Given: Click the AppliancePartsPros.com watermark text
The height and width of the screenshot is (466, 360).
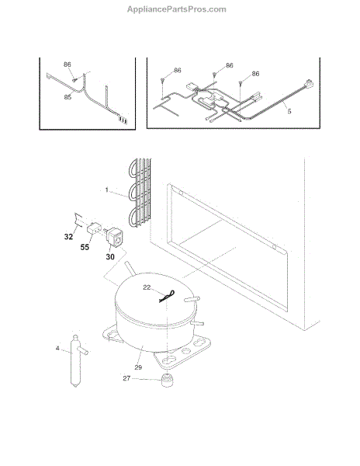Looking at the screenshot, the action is click(x=177, y=9).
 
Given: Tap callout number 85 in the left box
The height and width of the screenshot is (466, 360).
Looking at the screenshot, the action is click(x=67, y=97).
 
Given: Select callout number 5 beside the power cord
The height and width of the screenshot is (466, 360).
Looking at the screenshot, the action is click(x=289, y=111).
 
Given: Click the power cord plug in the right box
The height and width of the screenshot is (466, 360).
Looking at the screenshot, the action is click(x=308, y=83).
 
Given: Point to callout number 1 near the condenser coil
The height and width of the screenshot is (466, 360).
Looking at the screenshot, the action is click(x=107, y=190).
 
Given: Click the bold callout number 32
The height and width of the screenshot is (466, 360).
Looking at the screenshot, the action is click(x=68, y=237).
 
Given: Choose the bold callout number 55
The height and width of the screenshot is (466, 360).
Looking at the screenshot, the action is click(x=85, y=247).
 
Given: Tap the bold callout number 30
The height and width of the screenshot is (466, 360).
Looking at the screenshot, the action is click(x=110, y=256).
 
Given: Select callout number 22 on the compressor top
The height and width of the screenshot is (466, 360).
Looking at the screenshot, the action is click(x=147, y=287).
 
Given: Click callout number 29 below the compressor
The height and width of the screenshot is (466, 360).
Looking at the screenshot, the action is click(x=138, y=367).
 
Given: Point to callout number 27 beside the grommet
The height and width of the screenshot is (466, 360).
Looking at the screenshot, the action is click(x=126, y=378).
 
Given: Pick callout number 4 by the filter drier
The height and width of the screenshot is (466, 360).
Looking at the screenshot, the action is click(x=57, y=348).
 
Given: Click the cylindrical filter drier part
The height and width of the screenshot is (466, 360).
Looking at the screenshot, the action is click(x=76, y=360).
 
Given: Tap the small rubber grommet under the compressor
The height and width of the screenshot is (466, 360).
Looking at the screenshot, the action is click(x=168, y=381).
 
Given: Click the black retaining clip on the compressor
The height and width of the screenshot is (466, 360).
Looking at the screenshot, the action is click(x=167, y=297).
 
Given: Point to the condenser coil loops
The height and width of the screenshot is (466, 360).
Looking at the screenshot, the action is click(x=140, y=193).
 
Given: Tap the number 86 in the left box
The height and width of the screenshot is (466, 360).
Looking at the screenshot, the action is click(x=67, y=64).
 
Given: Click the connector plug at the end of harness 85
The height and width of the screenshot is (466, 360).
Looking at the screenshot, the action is click(x=123, y=120).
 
